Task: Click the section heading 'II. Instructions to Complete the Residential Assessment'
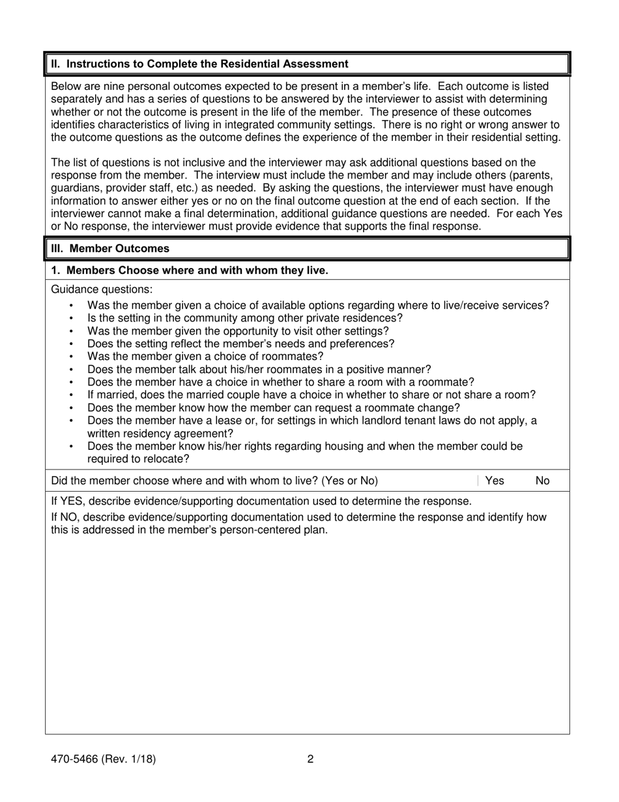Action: [199, 64]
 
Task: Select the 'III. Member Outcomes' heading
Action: [110, 248]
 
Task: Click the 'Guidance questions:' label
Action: [102, 290]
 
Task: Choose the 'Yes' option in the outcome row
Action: [495, 481]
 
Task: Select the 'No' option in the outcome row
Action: [542, 481]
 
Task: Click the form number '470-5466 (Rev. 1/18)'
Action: [103, 758]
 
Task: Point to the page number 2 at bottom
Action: [310, 758]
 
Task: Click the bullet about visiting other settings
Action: [238, 331]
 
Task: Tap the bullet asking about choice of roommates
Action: [205, 356]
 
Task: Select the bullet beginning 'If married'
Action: [311, 394]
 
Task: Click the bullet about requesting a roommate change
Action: [274, 408]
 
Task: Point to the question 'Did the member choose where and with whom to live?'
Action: [214, 481]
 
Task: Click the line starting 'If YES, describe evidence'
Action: [261, 501]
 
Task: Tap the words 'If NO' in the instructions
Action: [66, 517]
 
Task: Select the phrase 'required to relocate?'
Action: [138, 458]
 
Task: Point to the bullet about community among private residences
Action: [245, 318]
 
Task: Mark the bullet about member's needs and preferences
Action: [240, 343]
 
